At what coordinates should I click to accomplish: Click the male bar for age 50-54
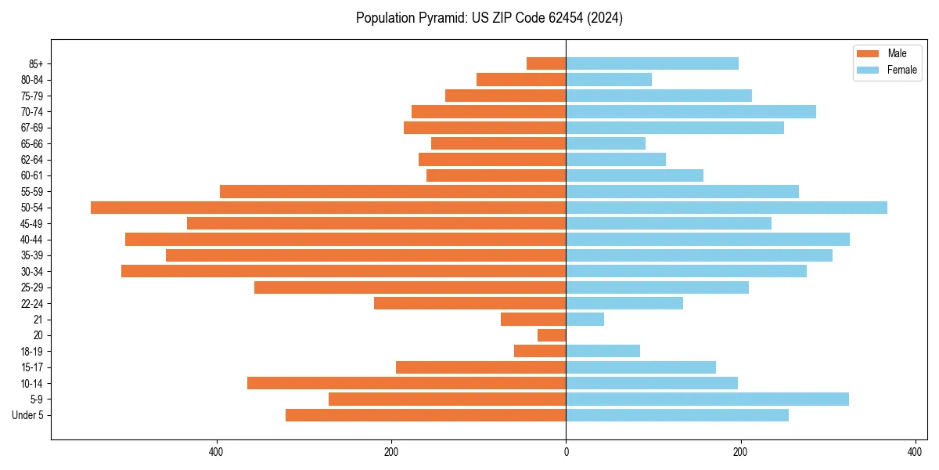(x=328, y=208)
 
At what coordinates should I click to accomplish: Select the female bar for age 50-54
(x=726, y=208)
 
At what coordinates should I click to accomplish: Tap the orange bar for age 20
(x=552, y=335)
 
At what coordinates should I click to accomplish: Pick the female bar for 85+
(x=652, y=63)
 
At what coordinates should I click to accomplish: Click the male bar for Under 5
(x=426, y=415)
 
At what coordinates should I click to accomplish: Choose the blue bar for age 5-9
(x=707, y=399)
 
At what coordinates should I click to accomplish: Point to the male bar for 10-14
(x=406, y=383)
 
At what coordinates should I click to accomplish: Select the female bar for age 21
(x=585, y=319)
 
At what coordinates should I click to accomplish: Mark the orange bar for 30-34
(x=344, y=271)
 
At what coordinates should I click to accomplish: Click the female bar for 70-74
(x=691, y=111)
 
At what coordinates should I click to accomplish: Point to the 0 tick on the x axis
(x=566, y=452)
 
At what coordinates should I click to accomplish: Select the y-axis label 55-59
(x=32, y=191)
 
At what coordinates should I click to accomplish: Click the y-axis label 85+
(x=35, y=63)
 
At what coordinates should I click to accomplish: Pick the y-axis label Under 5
(x=28, y=415)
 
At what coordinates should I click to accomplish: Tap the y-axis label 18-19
(x=32, y=351)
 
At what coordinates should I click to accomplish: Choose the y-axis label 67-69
(x=32, y=128)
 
